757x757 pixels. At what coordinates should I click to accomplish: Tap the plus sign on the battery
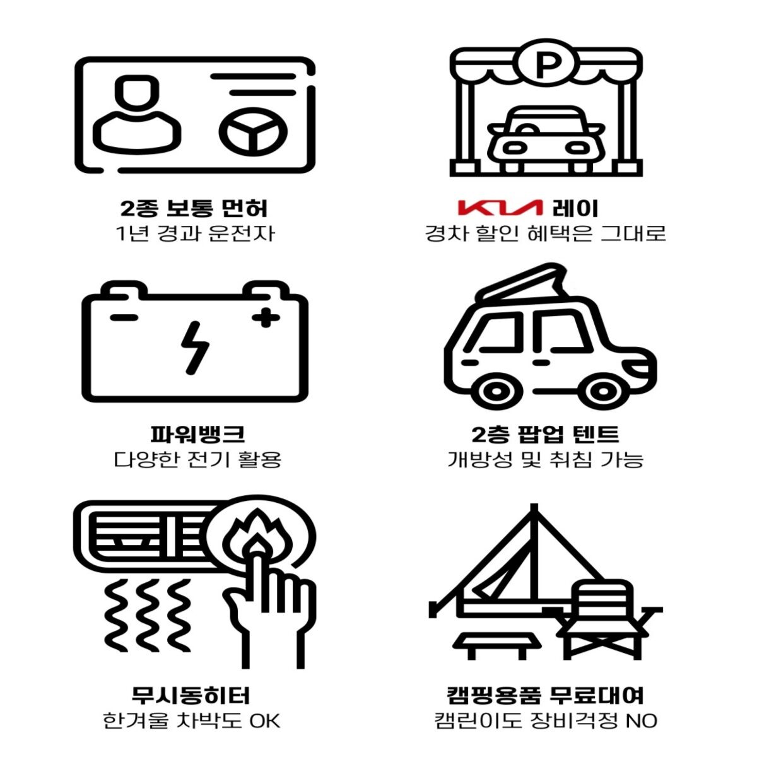click(266, 317)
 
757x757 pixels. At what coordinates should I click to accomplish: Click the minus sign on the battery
click(124, 317)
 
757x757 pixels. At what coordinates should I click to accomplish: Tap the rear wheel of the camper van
click(496, 391)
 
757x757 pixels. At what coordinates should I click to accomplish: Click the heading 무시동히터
click(191, 695)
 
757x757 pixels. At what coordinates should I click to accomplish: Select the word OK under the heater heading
click(264, 721)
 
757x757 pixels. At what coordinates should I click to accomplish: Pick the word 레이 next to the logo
click(575, 209)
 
